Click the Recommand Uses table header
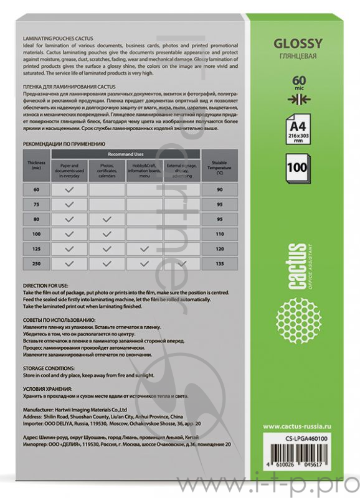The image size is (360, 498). (126, 153)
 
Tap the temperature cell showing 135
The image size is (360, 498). (219, 264)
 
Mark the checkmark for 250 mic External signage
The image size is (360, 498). (181, 264)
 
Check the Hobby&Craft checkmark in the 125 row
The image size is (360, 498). (144, 249)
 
